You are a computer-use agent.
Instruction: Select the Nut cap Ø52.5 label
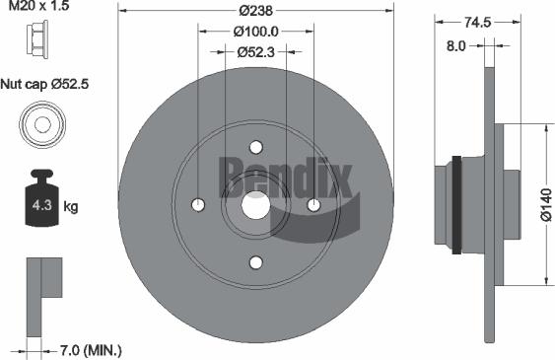point(45,85)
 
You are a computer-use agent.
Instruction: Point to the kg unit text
point(72,207)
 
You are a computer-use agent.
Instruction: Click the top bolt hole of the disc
point(255,147)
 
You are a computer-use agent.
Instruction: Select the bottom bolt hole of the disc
point(255,262)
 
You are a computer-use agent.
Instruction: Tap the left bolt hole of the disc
point(197,205)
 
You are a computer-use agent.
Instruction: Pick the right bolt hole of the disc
point(313,205)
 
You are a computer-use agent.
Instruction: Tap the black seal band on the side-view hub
point(456,204)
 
